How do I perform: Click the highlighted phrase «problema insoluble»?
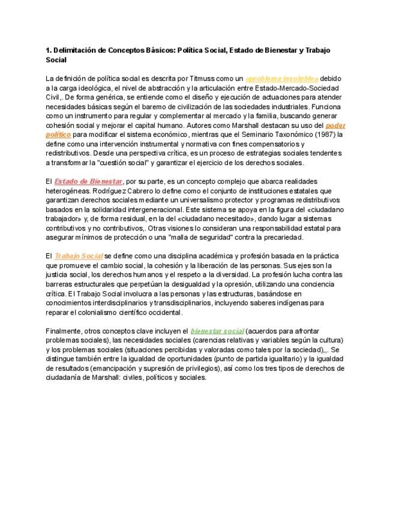pyautogui.click(x=282, y=78)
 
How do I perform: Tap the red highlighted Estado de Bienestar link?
pyautogui.click(x=89, y=181)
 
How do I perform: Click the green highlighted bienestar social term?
pyautogui.click(x=217, y=331)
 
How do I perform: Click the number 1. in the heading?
pyautogui.click(x=49, y=50)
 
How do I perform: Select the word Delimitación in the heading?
pyautogui.click(x=76, y=50)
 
